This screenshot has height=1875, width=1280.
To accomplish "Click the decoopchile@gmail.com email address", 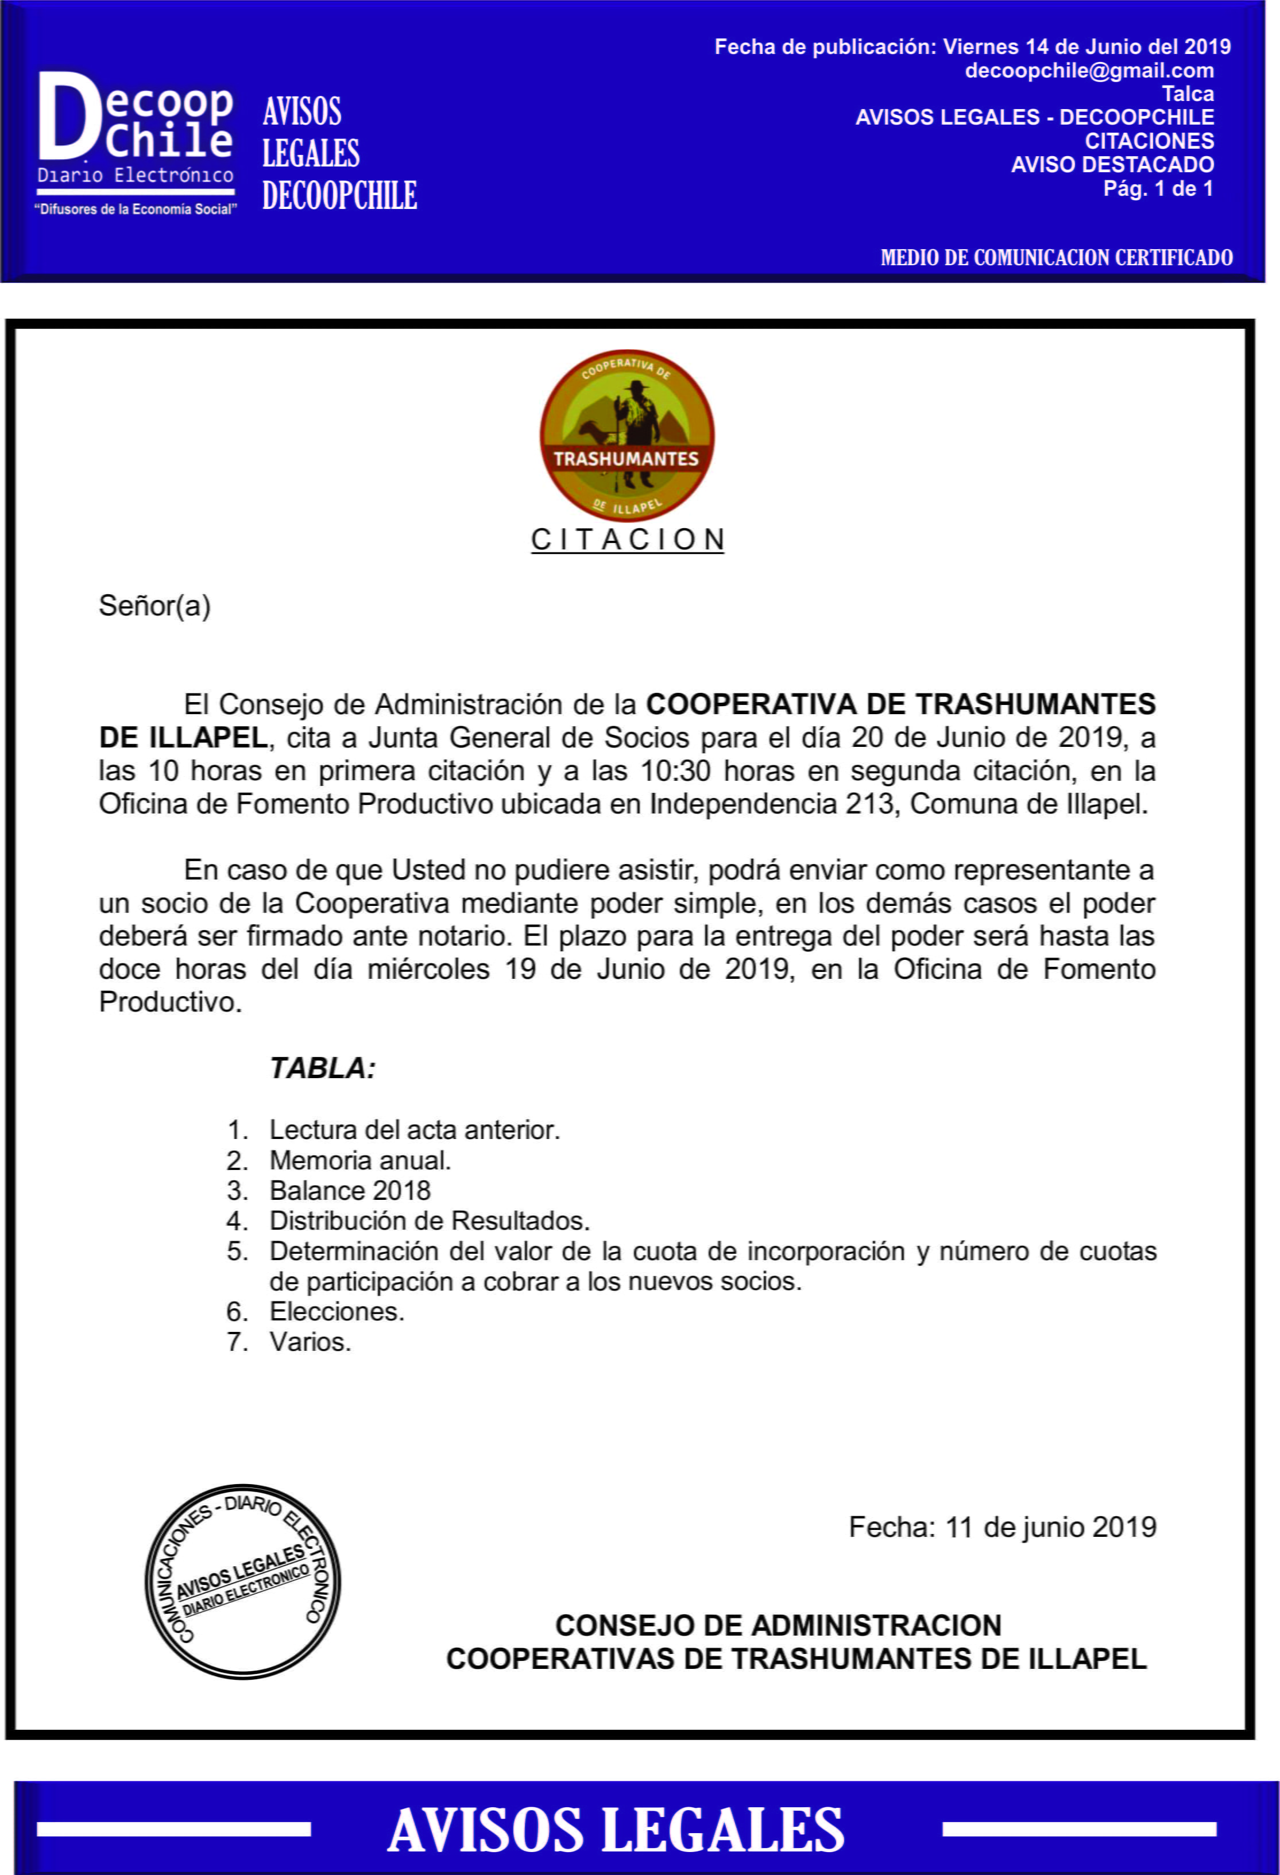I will click(x=1089, y=71).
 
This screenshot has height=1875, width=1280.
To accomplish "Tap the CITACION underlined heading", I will click(x=627, y=540).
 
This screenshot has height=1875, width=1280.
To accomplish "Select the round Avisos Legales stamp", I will click(x=243, y=1581).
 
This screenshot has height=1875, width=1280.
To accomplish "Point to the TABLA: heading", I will click(x=323, y=1068).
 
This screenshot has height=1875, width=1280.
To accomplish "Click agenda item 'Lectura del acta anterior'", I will click(x=414, y=1129).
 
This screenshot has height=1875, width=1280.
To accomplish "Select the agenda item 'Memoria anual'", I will click(x=360, y=1160).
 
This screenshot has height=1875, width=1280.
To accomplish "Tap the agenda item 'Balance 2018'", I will click(x=350, y=1191).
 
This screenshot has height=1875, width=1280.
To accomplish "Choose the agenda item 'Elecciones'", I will click(x=337, y=1312).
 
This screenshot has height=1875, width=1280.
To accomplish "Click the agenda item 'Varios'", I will click(x=311, y=1342).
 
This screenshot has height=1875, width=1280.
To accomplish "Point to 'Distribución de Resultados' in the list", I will click(x=430, y=1221).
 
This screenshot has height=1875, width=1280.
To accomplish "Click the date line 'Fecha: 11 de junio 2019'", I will click(x=1003, y=1527).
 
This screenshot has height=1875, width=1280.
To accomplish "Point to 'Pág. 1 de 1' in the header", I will click(x=1158, y=189).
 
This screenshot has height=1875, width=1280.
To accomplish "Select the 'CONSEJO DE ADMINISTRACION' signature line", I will click(x=778, y=1625).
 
